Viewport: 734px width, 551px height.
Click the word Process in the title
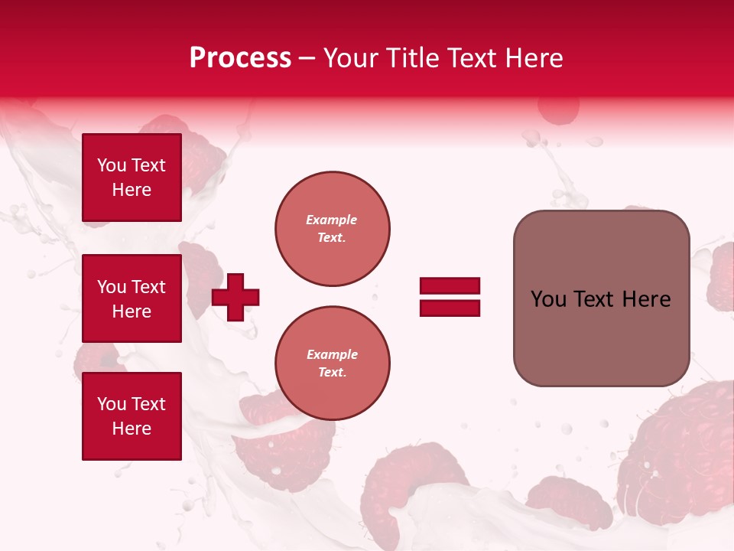click(240, 58)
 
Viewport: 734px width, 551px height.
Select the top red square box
click(132, 178)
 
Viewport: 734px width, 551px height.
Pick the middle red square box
click(132, 298)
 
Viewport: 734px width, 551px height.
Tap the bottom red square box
click(132, 416)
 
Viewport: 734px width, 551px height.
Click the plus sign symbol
click(235, 297)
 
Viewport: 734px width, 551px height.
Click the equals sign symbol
click(450, 297)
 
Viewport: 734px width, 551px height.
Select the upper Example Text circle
click(333, 229)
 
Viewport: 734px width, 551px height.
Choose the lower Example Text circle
click(333, 363)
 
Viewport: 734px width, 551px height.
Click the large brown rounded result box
click(601, 298)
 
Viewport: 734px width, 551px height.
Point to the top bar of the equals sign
click(450, 286)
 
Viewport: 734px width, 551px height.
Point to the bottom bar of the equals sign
click(450, 308)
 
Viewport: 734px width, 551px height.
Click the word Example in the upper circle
click(331, 220)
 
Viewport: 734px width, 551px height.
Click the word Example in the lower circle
click(332, 354)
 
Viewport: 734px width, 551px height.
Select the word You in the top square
click(112, 165)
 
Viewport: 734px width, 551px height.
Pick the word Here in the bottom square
click(132, 429)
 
